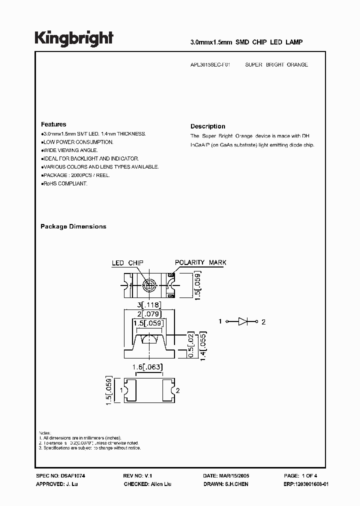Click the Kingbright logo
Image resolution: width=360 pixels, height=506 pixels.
(74, 38)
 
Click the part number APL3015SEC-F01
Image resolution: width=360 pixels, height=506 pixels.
(212, 64)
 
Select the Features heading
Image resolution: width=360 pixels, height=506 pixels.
(53, 124)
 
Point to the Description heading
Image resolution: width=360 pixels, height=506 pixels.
(208, 126)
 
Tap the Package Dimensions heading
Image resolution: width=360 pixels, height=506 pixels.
(73, 226)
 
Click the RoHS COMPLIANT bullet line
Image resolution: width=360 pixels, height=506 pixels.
(65, 183)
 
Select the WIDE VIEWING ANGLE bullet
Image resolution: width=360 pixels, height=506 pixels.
(70, 150)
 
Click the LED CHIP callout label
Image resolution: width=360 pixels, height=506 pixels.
(127, 263)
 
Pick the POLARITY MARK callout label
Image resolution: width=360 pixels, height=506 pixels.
(200, 262)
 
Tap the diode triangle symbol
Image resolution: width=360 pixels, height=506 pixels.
(243, 321)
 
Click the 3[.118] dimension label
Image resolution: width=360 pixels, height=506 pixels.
(148, 305)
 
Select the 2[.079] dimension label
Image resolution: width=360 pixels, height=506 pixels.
(148, 314)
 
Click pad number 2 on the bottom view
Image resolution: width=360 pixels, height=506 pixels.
(178, 390)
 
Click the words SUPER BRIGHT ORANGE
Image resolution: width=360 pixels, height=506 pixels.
(276, 64)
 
